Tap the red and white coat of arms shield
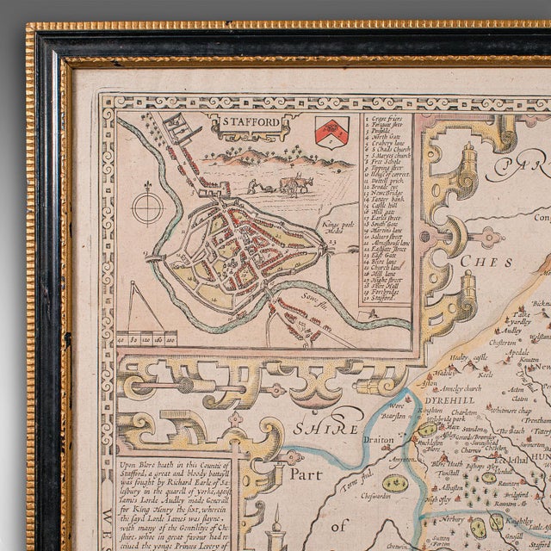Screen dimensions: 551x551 tap(331, 131)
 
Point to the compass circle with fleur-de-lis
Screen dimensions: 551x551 tap(148, 208)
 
